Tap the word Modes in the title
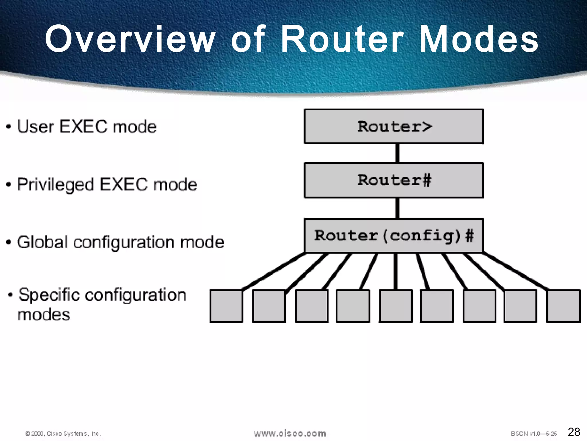(x=478, y=39)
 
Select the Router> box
(x=394, y=126)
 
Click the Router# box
(x=394, y=180)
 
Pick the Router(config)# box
(x=394, y=236)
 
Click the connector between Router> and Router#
(x=397, y=153)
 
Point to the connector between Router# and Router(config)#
(x=397, y=208)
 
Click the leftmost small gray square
(x=226, y=306)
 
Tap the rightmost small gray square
(x=563, y=306)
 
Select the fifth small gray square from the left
(x=396, y=306)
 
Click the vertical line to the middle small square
(x=396, y=271)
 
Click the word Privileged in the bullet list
(x=55, y=184)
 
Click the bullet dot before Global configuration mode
(x=9, y=242)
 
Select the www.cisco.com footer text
(x=290, y=433)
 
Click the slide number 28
(x=574, y=432)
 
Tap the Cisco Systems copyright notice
(x=63, y=434)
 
